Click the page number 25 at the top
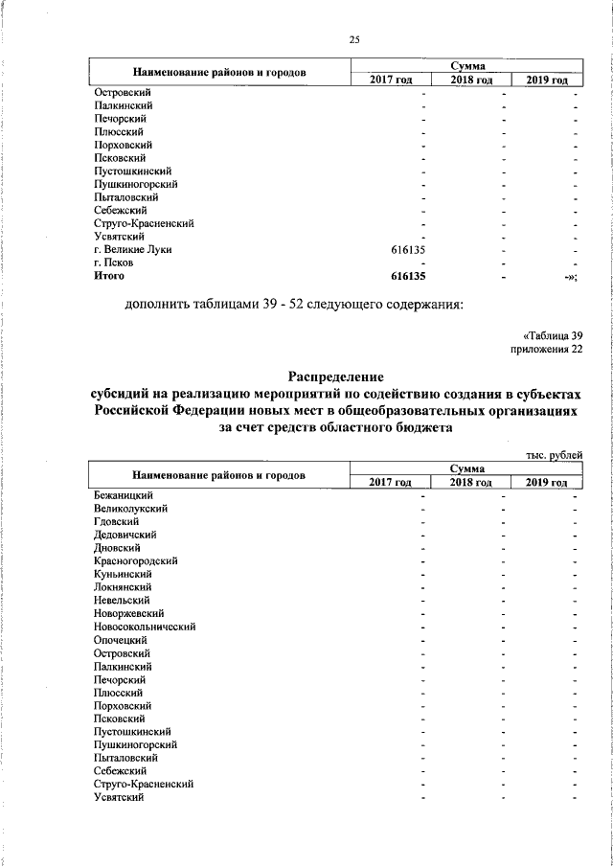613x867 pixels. click(x=353, y=38)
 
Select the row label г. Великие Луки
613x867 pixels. click(x=132, y=249)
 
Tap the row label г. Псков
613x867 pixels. click(x=113, y=262)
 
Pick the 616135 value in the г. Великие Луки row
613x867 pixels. click(x=408, y=249)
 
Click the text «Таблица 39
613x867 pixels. click(x=553, y=334)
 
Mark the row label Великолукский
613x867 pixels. click(x=131, y=508)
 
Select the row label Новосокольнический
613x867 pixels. click(x=145, y=626)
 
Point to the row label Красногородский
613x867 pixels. click(x=135, y=560)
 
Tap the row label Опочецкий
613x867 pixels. click(x=121, y=639)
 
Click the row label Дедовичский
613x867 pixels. click(x=125, y=534)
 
